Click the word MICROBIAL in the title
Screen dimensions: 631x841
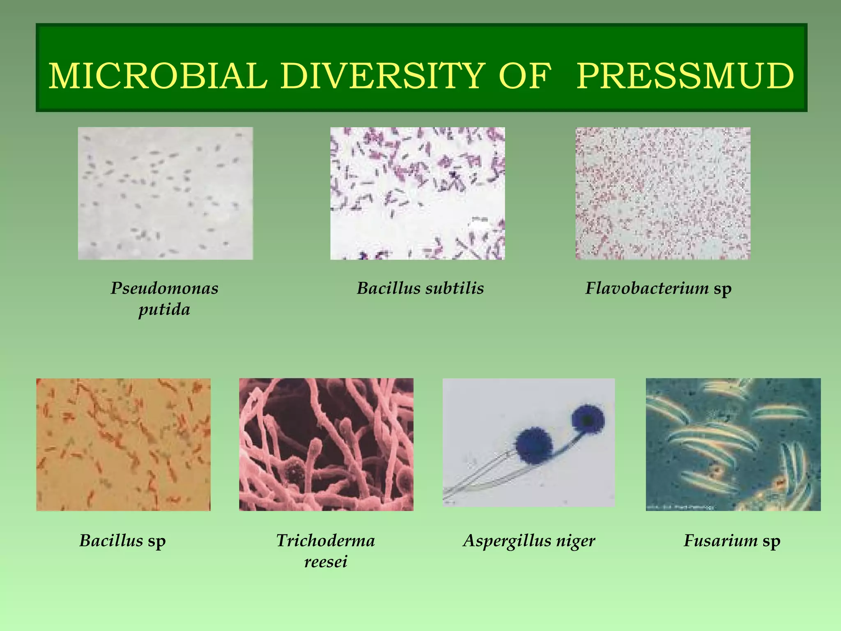pos(158,76)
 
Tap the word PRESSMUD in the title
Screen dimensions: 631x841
pos(685,76)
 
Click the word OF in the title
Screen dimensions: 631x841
pos(524,76)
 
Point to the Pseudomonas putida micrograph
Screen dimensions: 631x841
pos(165,193)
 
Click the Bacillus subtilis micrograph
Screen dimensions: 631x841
pos(418,193)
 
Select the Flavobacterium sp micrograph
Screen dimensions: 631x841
pos(663,193)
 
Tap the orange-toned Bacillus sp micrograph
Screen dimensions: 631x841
pos(123,444)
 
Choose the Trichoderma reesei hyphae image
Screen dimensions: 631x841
pos(326,444)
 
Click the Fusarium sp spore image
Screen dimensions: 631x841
pos(733,444)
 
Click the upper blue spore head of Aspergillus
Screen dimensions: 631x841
pos(588,419)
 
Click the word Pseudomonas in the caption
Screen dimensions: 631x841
pos(164,288)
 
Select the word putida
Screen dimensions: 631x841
pos(164,309)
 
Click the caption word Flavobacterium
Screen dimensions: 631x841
pos(647,288)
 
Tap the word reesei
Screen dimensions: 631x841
pos(326,562)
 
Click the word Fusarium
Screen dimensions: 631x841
pos(720,541)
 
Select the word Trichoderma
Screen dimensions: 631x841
pos(326,541)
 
